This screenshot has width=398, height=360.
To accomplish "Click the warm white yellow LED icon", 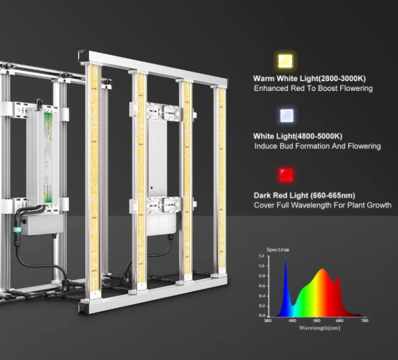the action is click(x=285, y=62).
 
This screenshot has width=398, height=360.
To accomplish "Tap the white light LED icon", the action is click(x=287, y=115).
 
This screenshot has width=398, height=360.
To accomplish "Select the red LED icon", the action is click(x=286, y=175).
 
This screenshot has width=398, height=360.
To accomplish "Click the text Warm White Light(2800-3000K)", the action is click(x=309, y=79).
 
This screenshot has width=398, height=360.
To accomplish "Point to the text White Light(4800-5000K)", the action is click(x=298, y=136).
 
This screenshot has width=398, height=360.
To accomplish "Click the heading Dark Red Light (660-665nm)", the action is click(x=304, y=196).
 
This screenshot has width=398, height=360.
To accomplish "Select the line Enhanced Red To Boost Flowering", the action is click(x=313, y=88).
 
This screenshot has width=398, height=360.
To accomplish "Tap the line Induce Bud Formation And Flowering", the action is click(x=317, y=146).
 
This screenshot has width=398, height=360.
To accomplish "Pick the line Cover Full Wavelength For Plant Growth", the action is click(x=323, y=205).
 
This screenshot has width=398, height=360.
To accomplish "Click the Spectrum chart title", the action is click(x=278, y=250).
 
